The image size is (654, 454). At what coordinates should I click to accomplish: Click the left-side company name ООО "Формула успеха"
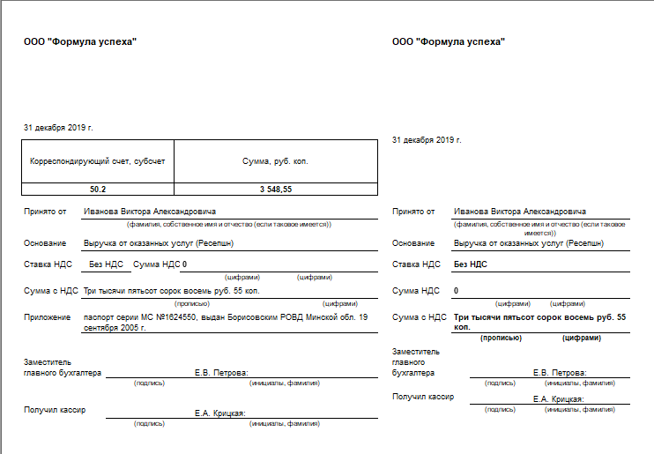(80, 42)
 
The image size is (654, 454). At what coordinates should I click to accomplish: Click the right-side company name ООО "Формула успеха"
(449, 42)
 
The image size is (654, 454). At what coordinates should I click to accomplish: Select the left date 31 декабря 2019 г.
(58, 128)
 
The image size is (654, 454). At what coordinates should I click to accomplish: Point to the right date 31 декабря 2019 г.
(427, 140)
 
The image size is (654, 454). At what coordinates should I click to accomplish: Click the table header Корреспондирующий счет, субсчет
(97, 161)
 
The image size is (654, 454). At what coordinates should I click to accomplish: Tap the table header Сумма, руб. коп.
(275, 161)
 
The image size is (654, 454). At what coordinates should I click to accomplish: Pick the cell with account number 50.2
(97, 190)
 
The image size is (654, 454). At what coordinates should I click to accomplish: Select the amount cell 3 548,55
(275, 190)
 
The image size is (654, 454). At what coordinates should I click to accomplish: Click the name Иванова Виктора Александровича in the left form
(149, 212)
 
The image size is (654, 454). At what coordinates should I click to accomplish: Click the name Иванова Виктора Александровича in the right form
(519, 212)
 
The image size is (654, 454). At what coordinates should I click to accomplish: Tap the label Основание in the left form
(45, 243)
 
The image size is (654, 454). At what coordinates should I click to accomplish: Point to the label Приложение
(48, 316)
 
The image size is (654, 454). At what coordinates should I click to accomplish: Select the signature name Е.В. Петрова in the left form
(221, 373)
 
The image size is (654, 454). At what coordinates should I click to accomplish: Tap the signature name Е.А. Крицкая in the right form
(559, 399)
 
